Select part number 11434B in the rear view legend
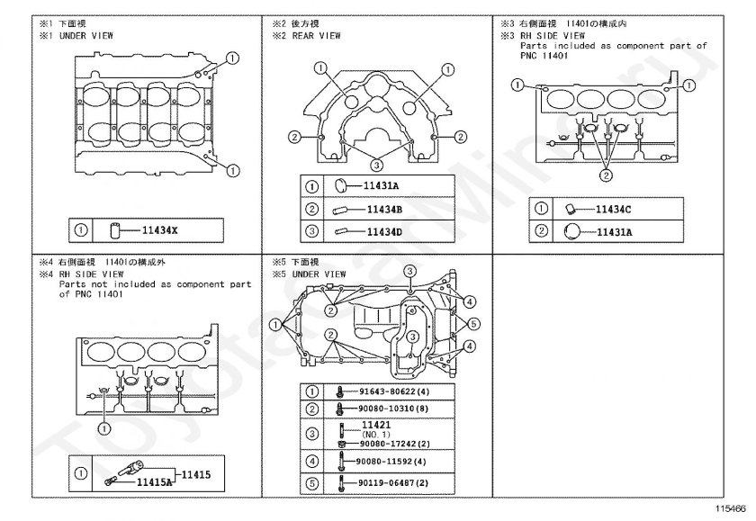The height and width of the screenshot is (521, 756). tap(383, 210)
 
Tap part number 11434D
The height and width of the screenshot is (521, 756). tap(383, 231)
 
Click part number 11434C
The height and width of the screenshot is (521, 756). tap(613, 210)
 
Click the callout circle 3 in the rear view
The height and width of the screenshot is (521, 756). tap(376, 165)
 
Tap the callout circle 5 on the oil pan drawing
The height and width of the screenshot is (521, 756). tap(472, 323)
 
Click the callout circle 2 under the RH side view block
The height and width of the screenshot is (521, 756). tap(607, 175)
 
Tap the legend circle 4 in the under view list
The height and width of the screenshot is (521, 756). tap(311, 463)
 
